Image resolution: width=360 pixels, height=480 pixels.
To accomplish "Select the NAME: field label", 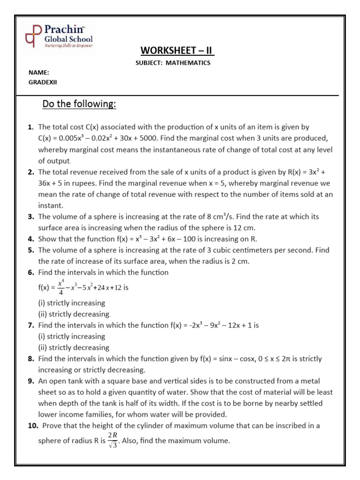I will (39, 73).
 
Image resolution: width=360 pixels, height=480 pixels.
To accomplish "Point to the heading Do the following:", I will (79, 104).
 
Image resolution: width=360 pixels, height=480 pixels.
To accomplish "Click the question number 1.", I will (30, 127).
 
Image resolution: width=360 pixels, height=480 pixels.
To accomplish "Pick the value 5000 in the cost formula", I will (189, 138).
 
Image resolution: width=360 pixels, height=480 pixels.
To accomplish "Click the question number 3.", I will (30, 217).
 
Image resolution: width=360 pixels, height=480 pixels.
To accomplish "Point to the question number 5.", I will (30, 250).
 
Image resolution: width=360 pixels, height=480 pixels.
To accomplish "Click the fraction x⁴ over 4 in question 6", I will (60, 287).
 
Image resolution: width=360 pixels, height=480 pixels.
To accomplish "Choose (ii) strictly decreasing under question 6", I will (74, 314).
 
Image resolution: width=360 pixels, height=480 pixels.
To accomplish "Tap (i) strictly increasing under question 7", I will (72, 336).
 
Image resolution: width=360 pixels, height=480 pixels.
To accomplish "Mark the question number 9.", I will (30, 381).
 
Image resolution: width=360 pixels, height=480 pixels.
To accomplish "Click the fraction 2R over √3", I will (112, 441).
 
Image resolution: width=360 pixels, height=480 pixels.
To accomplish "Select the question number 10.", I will (32, 426).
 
